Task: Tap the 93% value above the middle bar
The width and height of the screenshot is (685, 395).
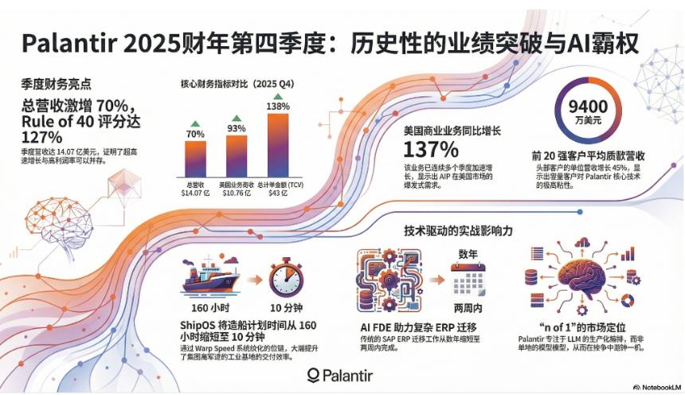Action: coord(237,127)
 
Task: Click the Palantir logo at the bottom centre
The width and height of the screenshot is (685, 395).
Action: coord(340,374)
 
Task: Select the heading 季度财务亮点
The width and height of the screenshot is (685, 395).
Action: coord(57,83)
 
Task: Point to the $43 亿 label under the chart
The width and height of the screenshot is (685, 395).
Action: coord(277,191)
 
